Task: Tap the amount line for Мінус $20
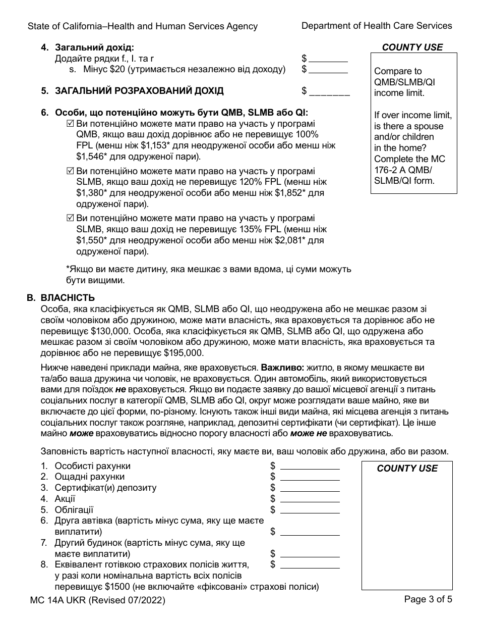coord(328,70)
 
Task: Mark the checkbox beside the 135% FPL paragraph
coord(71,218)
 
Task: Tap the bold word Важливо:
coord(280,368)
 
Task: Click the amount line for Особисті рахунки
coord(310,466)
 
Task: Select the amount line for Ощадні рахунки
coord(310,477)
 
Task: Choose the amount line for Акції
coord(310,499)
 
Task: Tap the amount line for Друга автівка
coord(310,532)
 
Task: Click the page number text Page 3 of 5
coord(428,600)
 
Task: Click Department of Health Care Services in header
coord(377,26)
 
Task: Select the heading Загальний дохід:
coord(94,48)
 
